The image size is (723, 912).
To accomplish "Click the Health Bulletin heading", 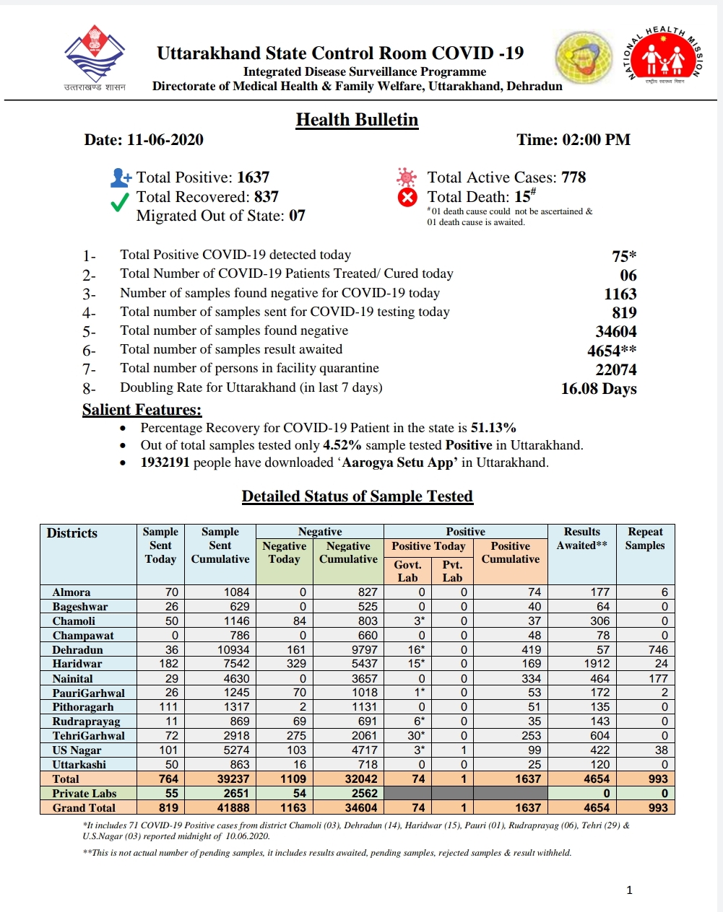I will click(x=357, y=120).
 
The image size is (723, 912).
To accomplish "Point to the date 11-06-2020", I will click(x=165, y=140).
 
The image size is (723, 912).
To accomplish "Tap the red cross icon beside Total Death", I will click(x=407, y=197).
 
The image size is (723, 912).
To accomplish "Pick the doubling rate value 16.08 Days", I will click(x=599, y=389).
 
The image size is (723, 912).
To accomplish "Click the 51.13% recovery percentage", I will click(x=493, y=428).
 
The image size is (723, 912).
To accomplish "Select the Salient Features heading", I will click(x=142, y=410).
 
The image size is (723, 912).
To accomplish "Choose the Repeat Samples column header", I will click(x=645, y=538).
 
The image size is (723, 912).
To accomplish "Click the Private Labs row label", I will click(x=84, y=794).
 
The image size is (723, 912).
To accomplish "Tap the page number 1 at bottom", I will click(x=629, y=890).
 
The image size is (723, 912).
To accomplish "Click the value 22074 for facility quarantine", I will click(x=616, y=370).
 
